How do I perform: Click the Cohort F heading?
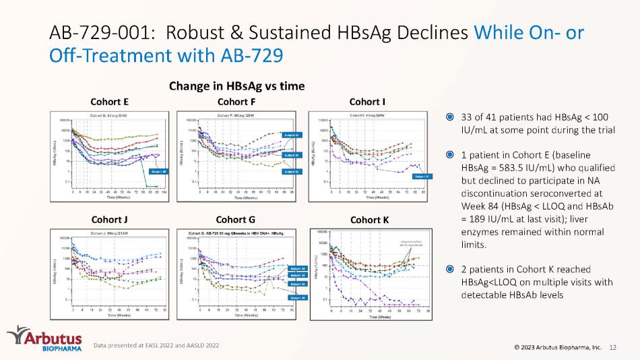pos(236,102)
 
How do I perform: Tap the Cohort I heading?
pos(368,102)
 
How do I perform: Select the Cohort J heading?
pos(109,219)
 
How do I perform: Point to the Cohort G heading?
pos(236,219)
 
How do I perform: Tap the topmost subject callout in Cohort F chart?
pos(292,136)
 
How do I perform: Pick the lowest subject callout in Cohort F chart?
pos(292,171)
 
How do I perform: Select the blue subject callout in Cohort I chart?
pos(423,176)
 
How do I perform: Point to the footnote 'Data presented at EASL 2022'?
pos(156,345)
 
